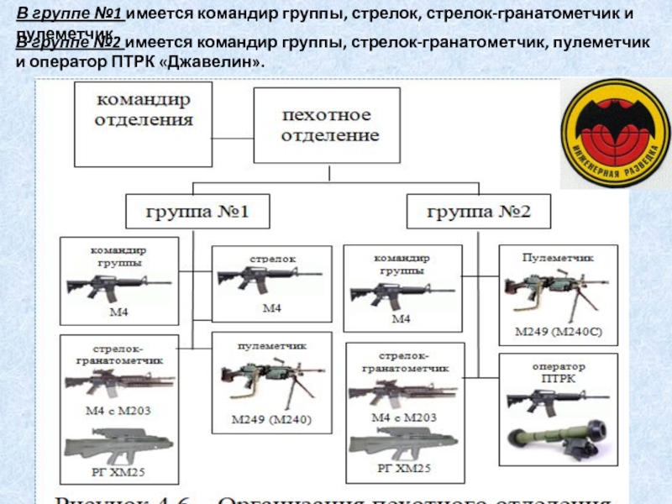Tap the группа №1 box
198,209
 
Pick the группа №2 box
479,209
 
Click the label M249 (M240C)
557,330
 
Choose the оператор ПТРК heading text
558,372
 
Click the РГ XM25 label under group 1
118,468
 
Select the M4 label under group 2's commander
402,320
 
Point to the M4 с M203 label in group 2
403,417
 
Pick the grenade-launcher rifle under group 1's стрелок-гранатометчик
118,384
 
